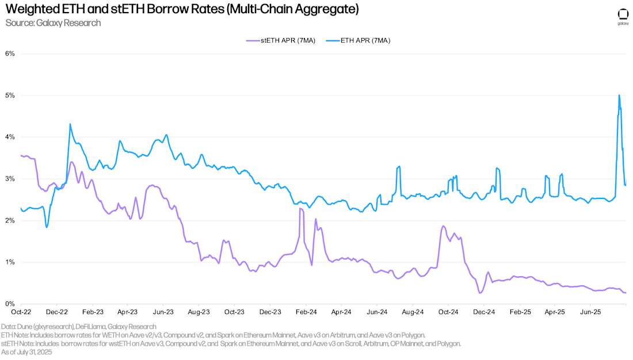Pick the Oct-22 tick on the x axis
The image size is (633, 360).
(x=21, y=312)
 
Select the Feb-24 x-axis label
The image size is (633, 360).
(x=306, y=312)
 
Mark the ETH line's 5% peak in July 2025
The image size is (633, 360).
(x=619, y=95)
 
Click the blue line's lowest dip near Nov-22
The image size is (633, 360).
(x=47, y=227)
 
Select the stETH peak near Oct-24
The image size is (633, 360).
(x=443, y=226)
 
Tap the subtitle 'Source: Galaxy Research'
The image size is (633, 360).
(x=53, y=23)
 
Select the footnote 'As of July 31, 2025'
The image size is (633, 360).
(x=26, y=351)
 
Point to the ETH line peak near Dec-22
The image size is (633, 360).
(x=70, y=124)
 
